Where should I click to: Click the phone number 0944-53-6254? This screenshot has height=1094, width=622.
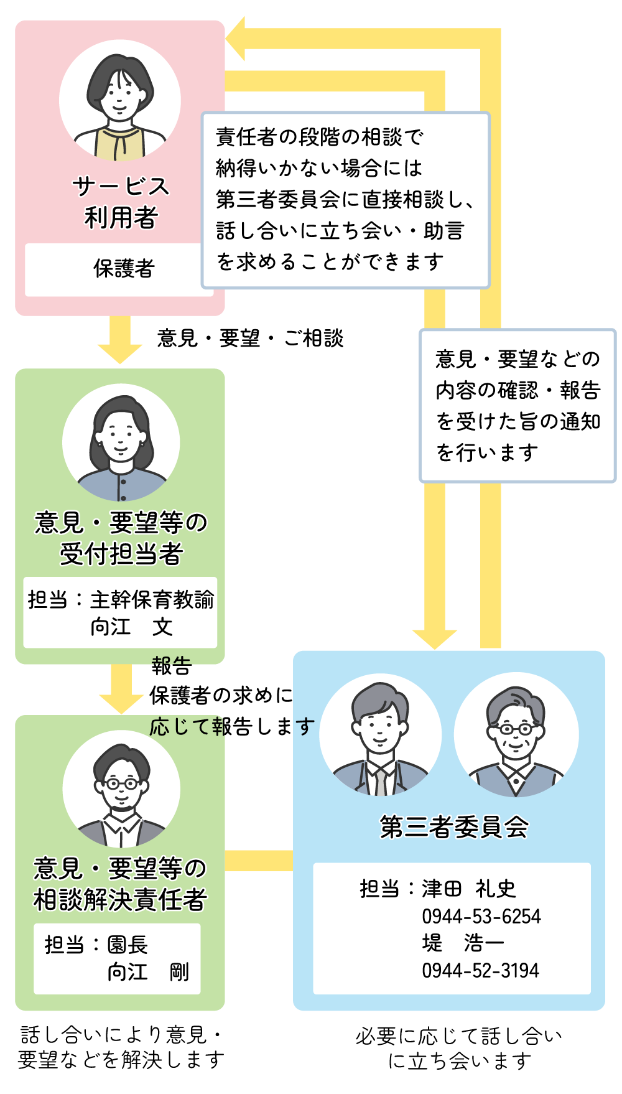(481, 916)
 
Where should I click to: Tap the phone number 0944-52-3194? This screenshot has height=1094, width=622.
(480, 970)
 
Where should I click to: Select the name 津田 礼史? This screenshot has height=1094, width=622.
(468, 889)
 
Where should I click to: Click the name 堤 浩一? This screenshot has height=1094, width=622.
(463, 943)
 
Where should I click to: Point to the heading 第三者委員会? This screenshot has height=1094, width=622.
(454, 827)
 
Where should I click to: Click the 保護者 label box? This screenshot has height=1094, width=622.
(123, 269)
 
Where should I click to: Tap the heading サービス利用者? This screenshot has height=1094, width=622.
(121, 202)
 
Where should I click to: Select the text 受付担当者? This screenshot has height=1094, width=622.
(121, 554)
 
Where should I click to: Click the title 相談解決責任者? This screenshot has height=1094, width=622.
(120, 900)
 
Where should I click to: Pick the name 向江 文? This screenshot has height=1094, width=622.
(131, 627)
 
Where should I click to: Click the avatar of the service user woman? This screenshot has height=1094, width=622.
(120, 101)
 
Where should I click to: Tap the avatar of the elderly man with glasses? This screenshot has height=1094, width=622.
(516, 735)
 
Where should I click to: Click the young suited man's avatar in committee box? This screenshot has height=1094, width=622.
(380, 735)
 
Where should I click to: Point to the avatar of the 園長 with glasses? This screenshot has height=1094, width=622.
(121, 789)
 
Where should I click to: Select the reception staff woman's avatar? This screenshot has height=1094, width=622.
(121, 442)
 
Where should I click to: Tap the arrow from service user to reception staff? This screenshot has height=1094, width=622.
(120, 340)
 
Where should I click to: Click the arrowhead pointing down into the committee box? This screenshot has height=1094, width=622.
(434, 638)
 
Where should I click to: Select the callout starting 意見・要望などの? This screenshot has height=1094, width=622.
(518, 406)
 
